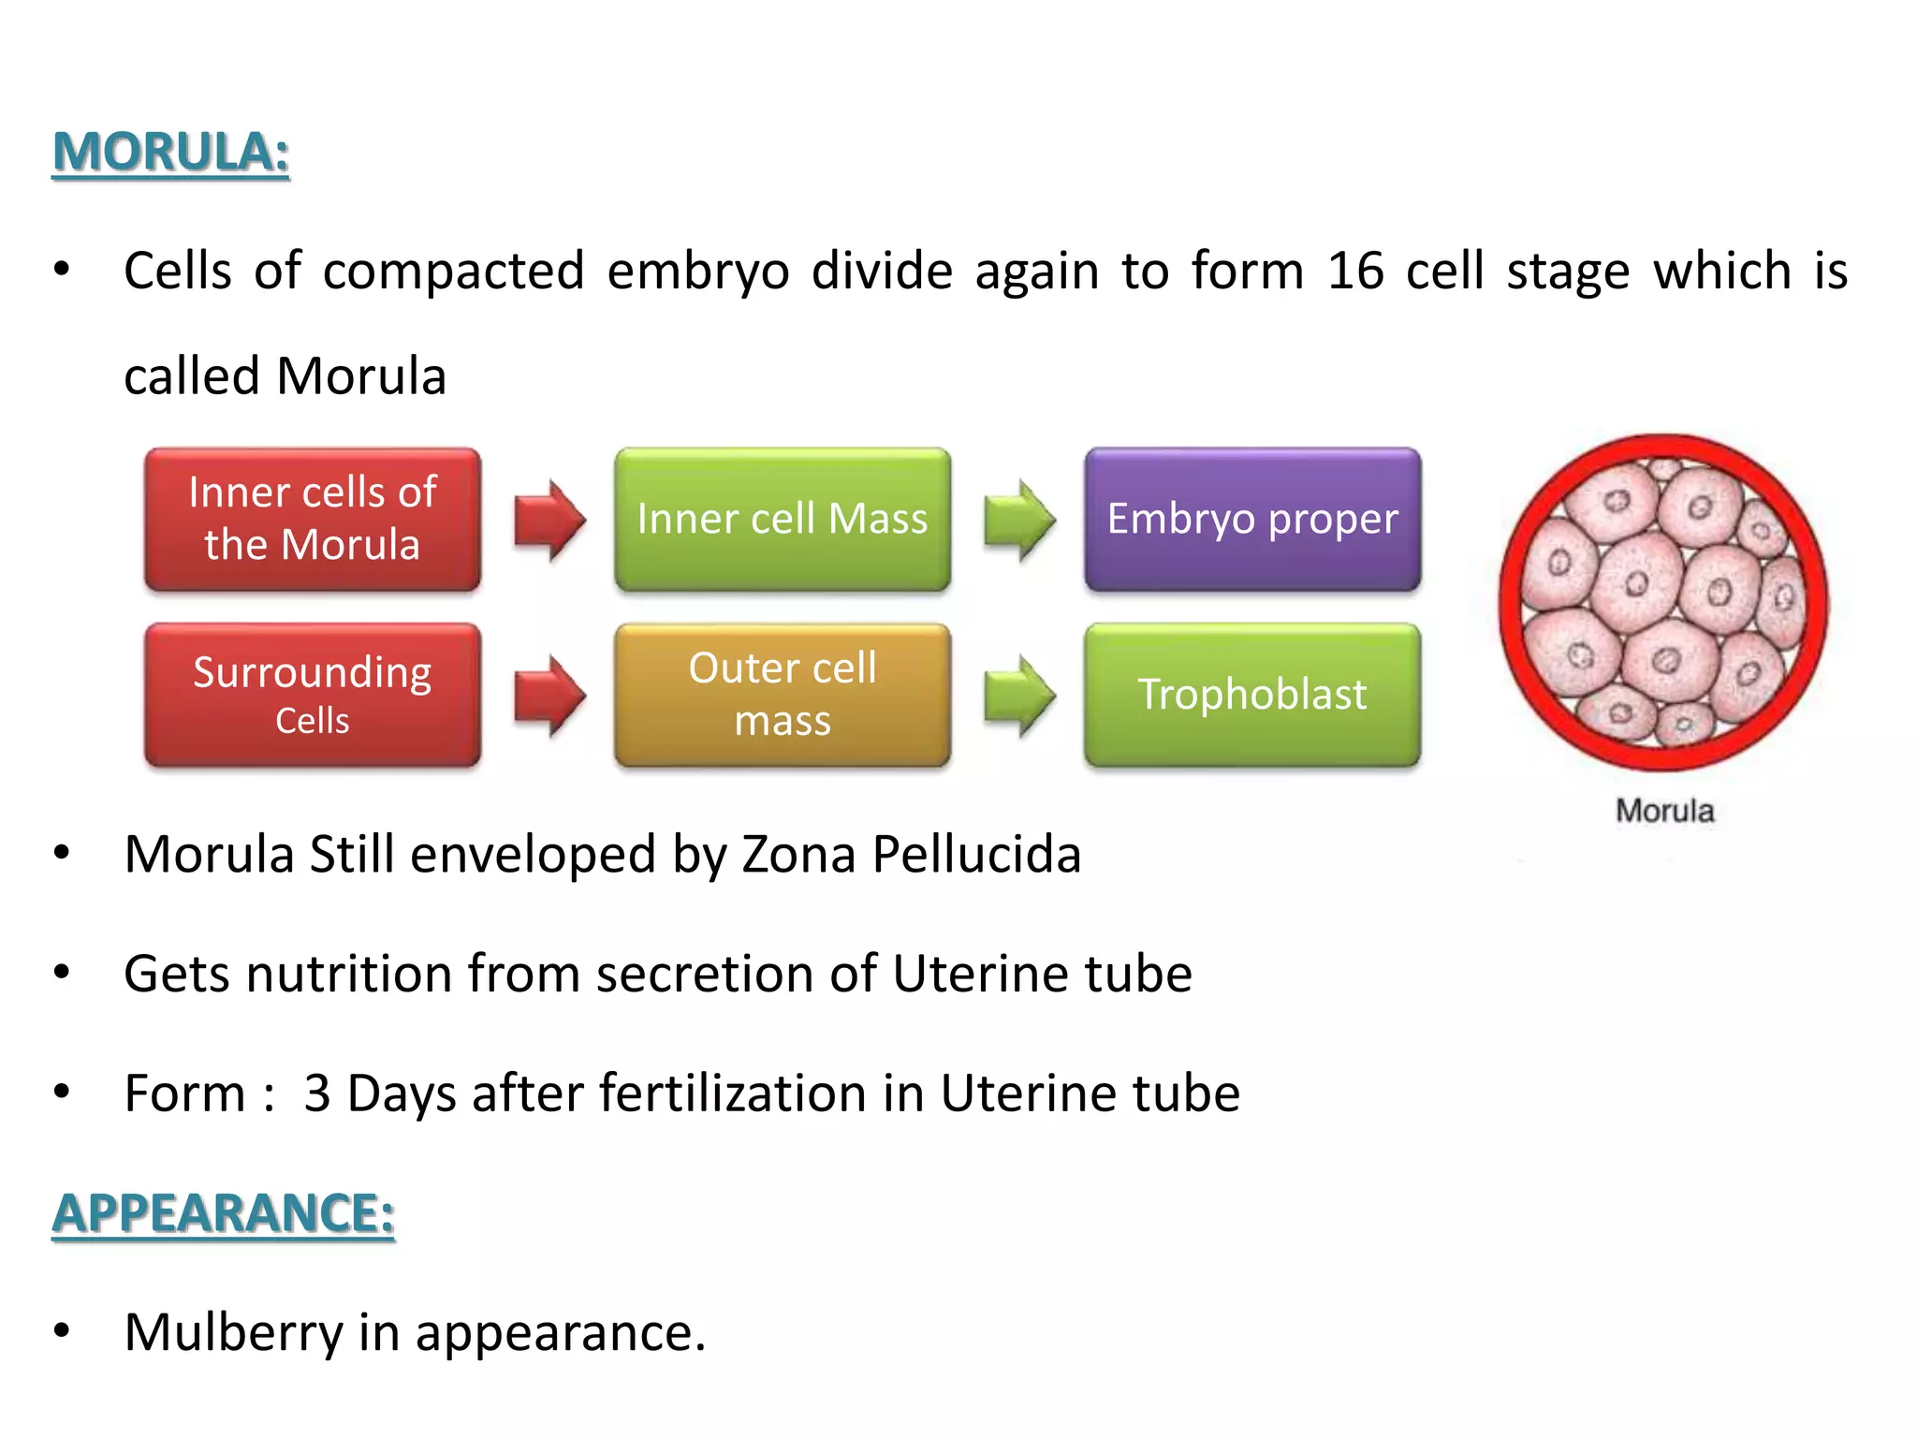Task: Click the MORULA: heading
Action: pyautogui.click(x=170, y=153)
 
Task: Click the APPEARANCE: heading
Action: pyautogui.click(x=223, y=1213)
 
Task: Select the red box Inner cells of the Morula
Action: pyautogui.click(x=313, y=519)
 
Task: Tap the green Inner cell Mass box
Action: pyautogui.click(x=783, y=519)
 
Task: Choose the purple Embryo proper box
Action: pyautogui.click(x=1252, y=519)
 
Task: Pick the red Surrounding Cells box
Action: pyautogui.click(x=313, y=695)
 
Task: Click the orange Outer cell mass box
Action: pyautogui.click(x=783, y=695)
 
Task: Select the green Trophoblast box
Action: pyautogui.click(x=1252, y=695)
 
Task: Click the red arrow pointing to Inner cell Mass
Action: pyautogui.click(x=549, y=520)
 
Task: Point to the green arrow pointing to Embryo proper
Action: pyautogui.click(x=1019, y=520)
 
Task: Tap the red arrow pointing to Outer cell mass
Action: pyautogui.click(x=549, y=696)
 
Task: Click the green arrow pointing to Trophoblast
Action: pyautogui.click(x=1019, y=696)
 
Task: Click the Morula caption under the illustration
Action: pyautogui.click(x=1664, y=811)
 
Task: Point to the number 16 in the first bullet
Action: pyautogui.click(x=1355, y=271)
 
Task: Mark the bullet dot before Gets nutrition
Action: pyautogui.click(x=62, y=973)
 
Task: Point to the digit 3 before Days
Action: pyautogui.click(x=317, y=1093)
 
